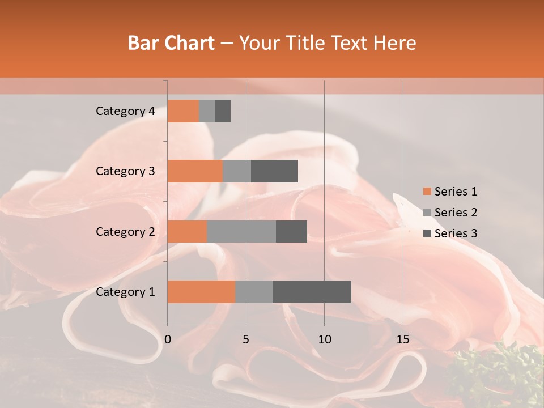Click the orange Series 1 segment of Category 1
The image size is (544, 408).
[201, 292]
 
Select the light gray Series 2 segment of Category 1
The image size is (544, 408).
[254, 292]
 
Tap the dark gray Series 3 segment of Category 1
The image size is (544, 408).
[312, 292]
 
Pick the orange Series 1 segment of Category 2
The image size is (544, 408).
[187, 231]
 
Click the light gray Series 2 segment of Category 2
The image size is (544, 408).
[241, 231]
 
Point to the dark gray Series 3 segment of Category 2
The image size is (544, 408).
[291, 231]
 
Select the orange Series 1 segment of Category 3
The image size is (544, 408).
[195, 171]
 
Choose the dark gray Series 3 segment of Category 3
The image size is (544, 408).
[274, 171]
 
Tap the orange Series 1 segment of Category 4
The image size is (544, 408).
[183, 111]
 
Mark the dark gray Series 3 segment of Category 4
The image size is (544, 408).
[223, 111]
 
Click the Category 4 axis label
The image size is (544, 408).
[125, 111]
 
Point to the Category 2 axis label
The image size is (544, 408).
[125, 232]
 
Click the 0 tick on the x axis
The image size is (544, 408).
[168, 339]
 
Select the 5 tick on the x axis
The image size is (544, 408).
[246, 339]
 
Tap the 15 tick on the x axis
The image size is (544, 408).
[403, 339]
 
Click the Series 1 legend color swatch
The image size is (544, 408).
[427, 192]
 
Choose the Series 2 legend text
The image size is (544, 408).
[456, 212]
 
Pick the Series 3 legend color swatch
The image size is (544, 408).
[427, 233]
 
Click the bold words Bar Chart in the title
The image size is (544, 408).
[171, 43]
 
